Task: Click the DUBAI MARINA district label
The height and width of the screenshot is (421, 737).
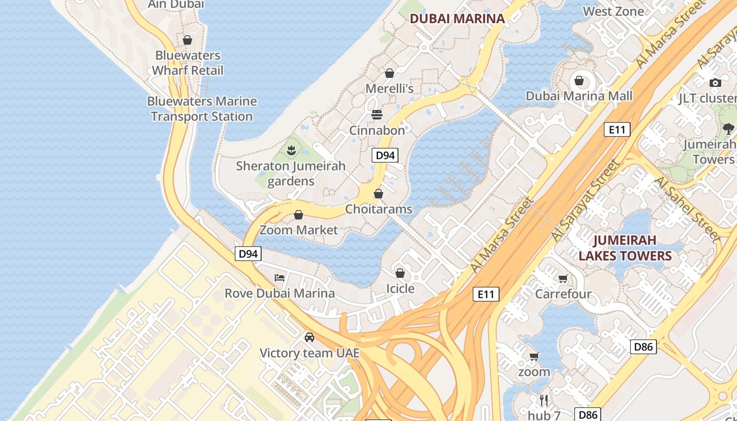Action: tap(457, 18)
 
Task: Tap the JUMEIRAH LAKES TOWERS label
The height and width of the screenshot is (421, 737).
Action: tap(625, 248)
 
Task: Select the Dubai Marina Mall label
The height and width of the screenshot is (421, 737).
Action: tap(579, 96)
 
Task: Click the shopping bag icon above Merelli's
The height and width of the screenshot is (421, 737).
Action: tap(390, 73)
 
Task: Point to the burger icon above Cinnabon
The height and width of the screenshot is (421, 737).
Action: tap(377, 114)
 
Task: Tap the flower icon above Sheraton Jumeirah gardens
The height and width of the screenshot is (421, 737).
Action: tap(291, 151)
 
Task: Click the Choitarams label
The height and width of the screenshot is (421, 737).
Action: tap(379, 209)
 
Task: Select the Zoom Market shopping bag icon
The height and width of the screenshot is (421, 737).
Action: tap(298, 215)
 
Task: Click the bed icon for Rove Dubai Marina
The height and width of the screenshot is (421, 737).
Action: tap(280, 277)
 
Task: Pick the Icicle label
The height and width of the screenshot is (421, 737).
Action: tap(400, 288)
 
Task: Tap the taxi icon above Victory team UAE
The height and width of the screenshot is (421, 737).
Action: tap(310, 337)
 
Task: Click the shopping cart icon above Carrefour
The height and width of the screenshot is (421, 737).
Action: tap(563, 278)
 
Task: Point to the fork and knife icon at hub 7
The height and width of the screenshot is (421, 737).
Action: tap(544, 400)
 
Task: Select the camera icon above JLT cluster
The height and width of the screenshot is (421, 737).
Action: tap(715, 83)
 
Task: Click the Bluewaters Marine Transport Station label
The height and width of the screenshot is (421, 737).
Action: tap(202, 109)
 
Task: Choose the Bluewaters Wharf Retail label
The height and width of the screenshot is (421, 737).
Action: tap(188, 63)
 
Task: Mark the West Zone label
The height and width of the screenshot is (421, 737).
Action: tap(613, 11)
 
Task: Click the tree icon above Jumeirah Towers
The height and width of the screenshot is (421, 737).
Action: tap(728, 128)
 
